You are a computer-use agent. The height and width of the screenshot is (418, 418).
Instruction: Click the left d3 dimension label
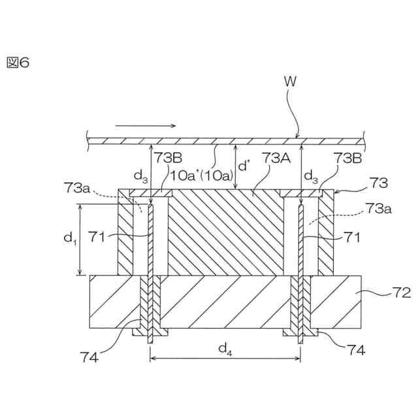[x=140, y=174]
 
